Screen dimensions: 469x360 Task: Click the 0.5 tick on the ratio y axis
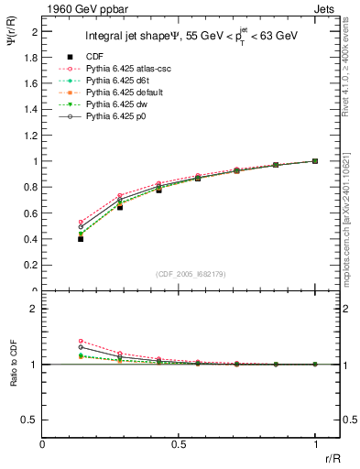click(33, 420)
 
